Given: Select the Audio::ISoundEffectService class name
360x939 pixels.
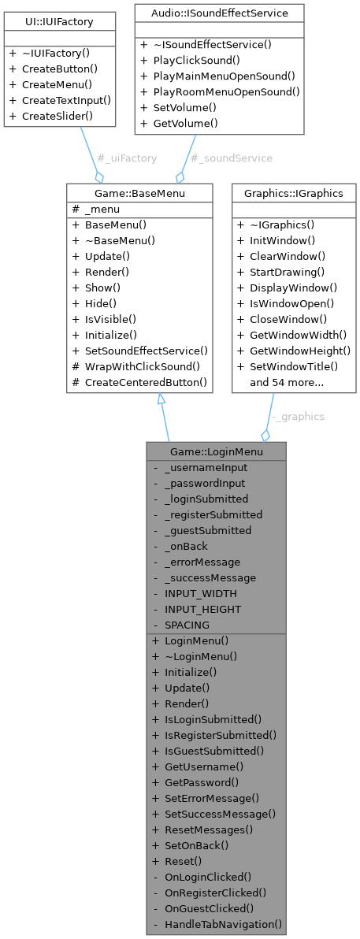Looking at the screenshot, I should [219, 13].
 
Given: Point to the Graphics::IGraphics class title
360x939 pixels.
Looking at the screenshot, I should [293, 192].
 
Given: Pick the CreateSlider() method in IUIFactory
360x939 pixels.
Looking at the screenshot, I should [51, 116].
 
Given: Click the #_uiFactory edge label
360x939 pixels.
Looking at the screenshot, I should [126, 158].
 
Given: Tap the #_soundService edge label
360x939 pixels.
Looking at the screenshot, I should [232, 158].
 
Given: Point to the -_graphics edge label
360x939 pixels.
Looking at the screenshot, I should [297, 417].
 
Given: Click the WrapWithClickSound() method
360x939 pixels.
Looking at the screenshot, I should [142, 366].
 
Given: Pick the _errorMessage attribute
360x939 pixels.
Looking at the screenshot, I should [202, 562].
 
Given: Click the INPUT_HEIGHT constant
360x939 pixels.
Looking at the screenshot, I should [202, 609].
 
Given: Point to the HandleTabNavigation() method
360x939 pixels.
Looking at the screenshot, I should [223, 924].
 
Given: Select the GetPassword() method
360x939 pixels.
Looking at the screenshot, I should [201, 782].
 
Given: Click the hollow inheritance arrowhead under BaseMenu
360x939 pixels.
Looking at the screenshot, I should [161, 399].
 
